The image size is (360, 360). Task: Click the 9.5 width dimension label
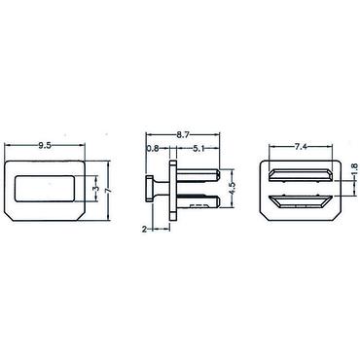click(x=45, y=146)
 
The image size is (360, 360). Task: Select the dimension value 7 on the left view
click(x=109, y=191)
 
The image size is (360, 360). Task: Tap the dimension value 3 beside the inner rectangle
click(x=96, y=189)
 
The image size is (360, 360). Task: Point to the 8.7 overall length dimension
click(x=183, y=135)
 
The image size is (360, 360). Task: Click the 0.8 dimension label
click(x=153, y=149)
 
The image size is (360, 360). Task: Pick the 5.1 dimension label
click(x=198, y=149)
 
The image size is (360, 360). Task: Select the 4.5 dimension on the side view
click(x=233, y=188)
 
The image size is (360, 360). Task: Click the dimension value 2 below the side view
click(x=144, y=230)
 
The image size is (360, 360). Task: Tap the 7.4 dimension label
click(x=301, y=147)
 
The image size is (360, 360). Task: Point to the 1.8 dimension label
click(x=355, y=169)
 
